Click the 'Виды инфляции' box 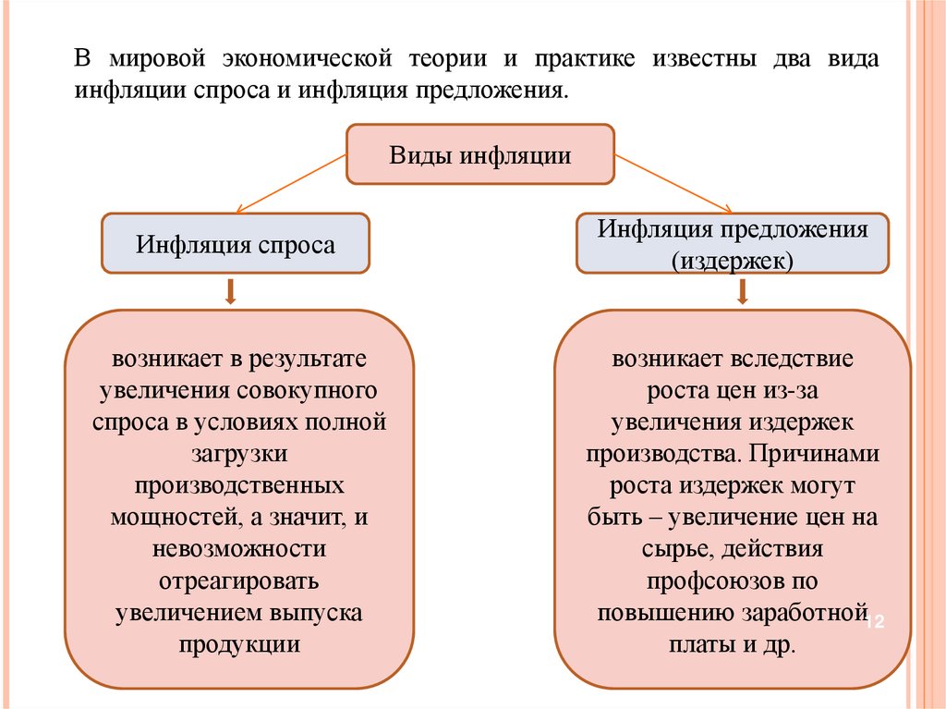479,154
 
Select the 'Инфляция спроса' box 236,244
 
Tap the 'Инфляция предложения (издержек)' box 733,244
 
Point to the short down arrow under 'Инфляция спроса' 230,292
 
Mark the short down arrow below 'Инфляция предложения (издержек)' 742,292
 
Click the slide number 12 874,622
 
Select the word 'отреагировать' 239,581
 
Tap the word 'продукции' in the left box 239,644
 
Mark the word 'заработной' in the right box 805,613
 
